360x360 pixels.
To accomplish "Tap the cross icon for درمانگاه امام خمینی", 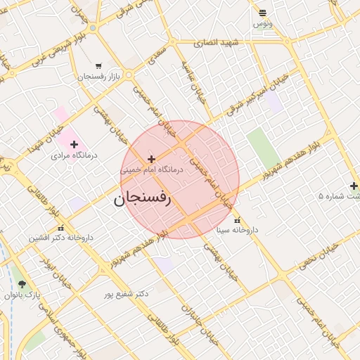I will pyautogui.click(x=151, y=160).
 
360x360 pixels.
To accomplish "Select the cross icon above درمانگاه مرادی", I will pyautogui.click(x=74, y=144).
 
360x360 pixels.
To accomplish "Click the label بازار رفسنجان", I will pyautogui.click(x=99, y=76).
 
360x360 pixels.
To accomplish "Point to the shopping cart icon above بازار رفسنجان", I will pyautogui.click(x=98, y=66).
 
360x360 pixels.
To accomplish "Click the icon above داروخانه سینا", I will pyautogui.click(x=236, y=221).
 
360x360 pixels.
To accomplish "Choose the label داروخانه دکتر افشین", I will pyautogui.click(x=61, y=238).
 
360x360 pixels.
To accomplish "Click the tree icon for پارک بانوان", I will pyautogui.click(x=22, y=284).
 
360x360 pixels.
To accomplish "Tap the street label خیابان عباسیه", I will pyautogui.click(x=193, y=79).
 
